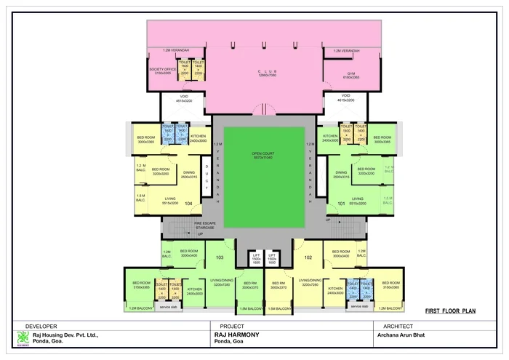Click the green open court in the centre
click(265, 177)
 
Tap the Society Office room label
click(163, 71)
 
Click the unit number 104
click(188, 204)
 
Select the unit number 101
click(341, 204)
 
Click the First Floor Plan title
click(450, 309)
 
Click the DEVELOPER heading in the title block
click(41, 327)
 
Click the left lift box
click(256, 260)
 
